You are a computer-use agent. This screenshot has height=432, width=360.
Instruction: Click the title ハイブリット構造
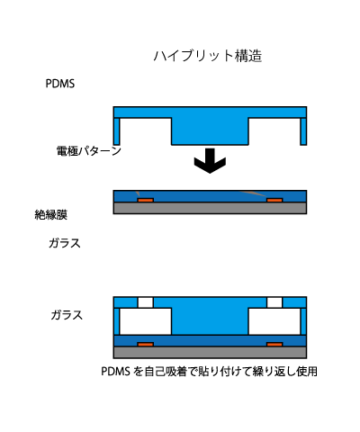click(208, 56)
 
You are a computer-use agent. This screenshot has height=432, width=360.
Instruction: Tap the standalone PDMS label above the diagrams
click(60, 84)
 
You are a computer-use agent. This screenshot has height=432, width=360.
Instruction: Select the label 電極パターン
click(89, 150)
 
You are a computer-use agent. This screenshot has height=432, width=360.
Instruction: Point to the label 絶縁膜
click(51, 215)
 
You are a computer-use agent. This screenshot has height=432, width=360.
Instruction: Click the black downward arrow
click(210, 161)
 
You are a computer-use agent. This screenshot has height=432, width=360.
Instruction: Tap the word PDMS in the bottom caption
click(115, 372)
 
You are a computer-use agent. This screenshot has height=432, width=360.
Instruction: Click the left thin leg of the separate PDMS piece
click(116, 131)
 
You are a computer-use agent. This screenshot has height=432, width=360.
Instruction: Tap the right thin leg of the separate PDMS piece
click(303, 131)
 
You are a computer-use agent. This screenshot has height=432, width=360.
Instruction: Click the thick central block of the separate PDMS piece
click(210, 131)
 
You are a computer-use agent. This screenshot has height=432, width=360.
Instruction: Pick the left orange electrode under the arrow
click(146, 200)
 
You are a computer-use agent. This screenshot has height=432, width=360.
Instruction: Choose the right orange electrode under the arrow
click(274, 200)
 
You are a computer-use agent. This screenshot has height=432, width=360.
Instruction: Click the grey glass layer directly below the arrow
click(210, 208)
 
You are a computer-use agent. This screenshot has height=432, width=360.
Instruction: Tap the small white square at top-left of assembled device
click(146, 302)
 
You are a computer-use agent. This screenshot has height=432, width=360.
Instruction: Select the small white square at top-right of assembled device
click(274, 302)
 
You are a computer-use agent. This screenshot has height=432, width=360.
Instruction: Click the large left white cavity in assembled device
click(146, 321)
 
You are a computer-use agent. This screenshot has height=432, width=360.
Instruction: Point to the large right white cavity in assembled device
click(274, 321)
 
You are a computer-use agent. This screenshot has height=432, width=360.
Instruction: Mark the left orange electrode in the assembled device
click(146, 345)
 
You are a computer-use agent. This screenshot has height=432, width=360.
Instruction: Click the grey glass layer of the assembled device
click(210, 352)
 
